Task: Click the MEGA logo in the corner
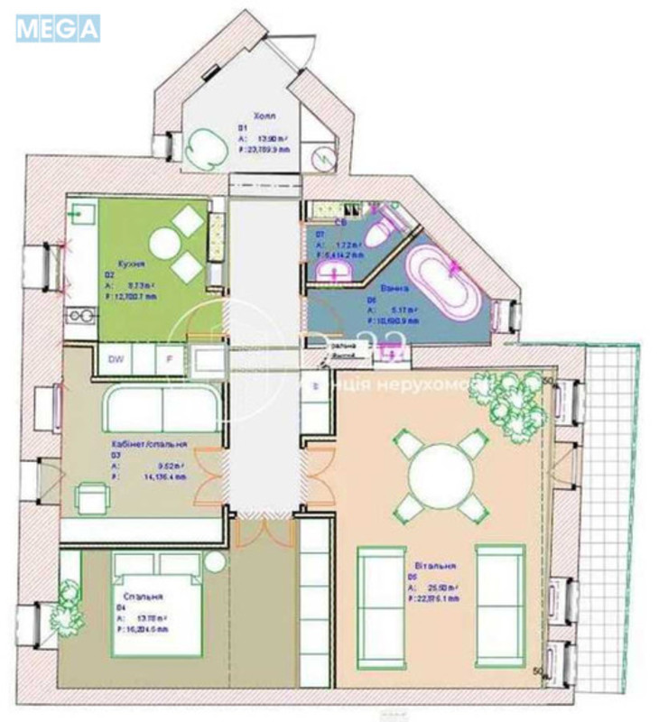coord(57,28)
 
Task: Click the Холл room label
coord(265,116)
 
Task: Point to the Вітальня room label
coord(437,566)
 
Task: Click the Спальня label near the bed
coord(138,597)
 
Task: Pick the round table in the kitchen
coord(168,242)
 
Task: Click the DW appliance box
coord(116,359)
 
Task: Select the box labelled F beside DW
coord(168,359)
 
